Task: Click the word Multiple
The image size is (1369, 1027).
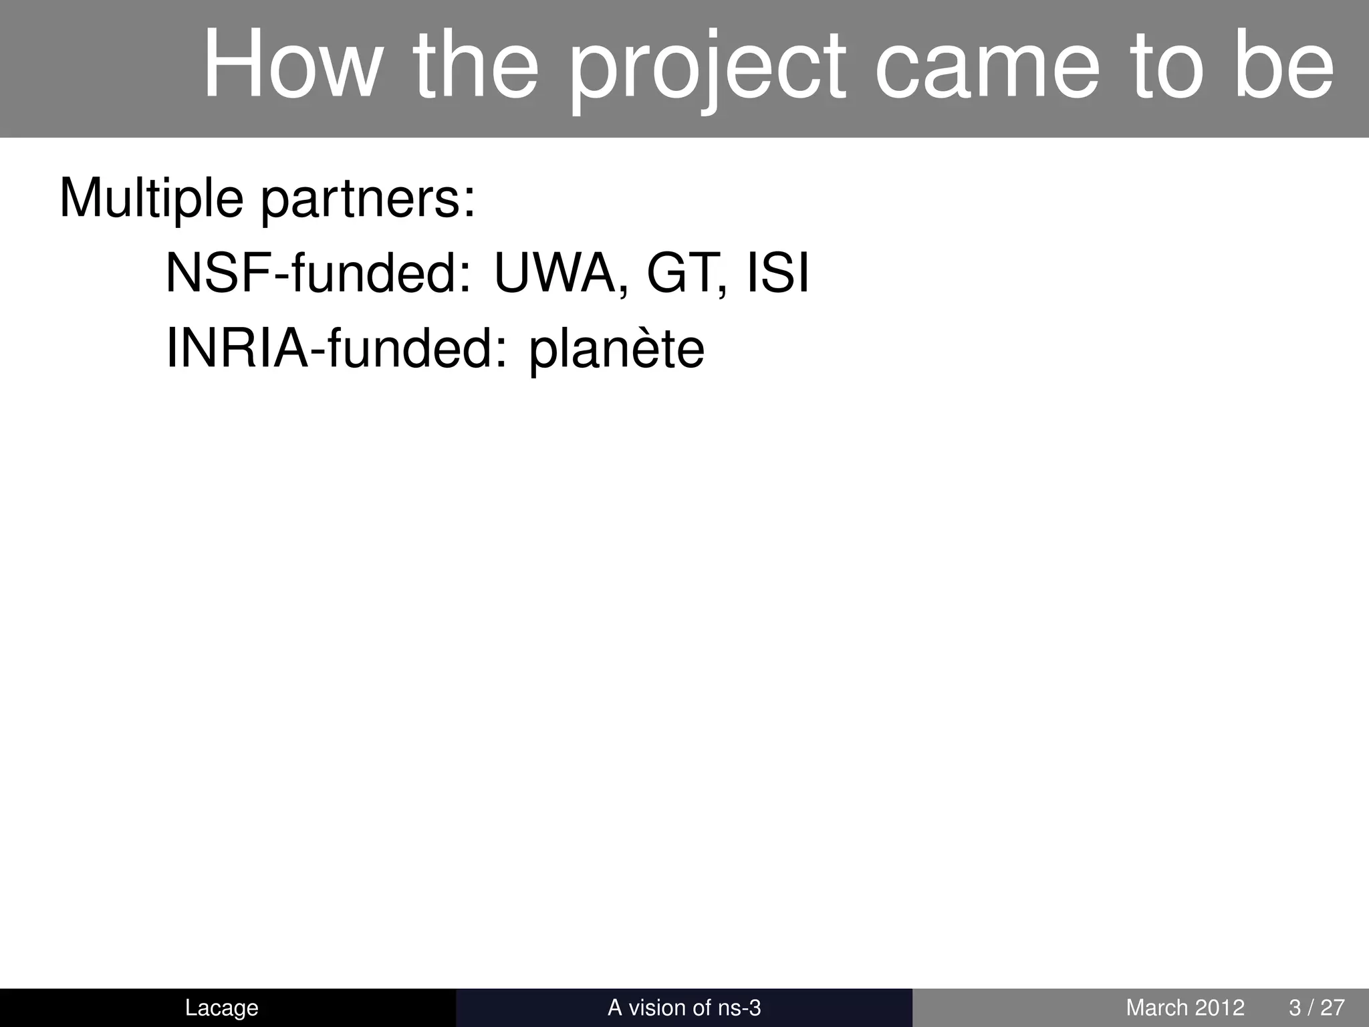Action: click(151, 199)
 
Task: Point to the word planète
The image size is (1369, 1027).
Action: click(616, 350)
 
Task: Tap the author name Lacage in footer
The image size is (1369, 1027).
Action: click(221, 1008)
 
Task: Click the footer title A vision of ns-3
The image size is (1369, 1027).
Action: click(684, 1008)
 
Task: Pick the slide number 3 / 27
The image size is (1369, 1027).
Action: click(1316, 1008)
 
